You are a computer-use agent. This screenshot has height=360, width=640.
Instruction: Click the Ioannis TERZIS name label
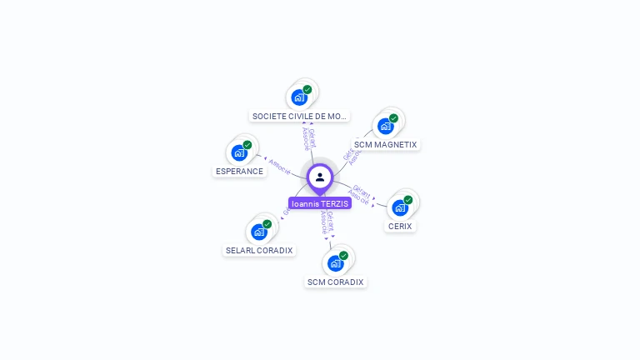coord(320,203)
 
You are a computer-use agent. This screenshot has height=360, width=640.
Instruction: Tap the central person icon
coord(320,177)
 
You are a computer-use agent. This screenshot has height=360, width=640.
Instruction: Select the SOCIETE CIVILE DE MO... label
coord(299,117)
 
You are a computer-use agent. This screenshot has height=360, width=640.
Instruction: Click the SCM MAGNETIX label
coord(385,144)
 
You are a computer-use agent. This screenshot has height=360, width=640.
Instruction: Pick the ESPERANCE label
coord(239,172)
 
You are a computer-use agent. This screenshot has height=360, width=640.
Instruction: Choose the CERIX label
coord(400,226)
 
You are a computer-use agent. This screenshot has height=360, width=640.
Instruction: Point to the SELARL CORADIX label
coord(259,250)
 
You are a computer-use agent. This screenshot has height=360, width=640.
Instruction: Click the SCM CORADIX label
coord(335,282)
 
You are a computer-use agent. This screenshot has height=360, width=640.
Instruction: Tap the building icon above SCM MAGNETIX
coord(385,126)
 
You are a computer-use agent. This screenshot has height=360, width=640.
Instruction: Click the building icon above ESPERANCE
coord(239,152)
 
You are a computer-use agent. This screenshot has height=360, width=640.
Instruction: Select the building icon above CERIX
coord(400,207)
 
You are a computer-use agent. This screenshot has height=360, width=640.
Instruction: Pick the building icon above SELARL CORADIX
coord(259,232)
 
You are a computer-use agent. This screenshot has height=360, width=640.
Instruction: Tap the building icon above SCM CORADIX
coord(335,263)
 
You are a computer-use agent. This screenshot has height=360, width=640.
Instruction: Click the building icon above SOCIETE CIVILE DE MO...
coord(299,97)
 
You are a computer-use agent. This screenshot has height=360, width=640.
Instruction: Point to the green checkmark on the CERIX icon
coord(408,200)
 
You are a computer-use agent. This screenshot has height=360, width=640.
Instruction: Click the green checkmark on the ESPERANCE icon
coord(247,145)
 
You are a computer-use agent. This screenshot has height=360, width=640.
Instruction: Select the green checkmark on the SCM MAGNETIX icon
coord(393,118)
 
